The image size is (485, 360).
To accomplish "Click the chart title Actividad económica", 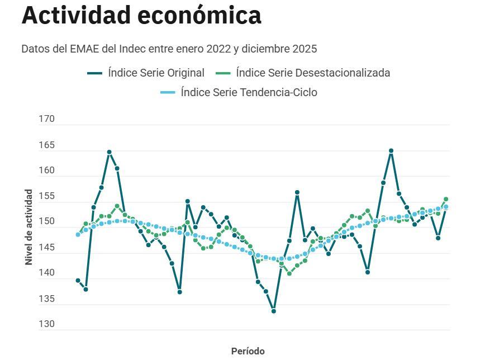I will point(141,16).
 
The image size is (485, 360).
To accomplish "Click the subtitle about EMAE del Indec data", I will point(169,49).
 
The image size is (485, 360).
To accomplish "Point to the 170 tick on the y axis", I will point(46,119).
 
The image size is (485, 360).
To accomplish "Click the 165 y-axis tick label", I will point(46,145).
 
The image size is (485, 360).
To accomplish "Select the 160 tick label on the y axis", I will point(46,170).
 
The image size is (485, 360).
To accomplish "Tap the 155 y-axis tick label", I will point(46,196).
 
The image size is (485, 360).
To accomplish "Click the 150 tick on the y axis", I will point(46,221).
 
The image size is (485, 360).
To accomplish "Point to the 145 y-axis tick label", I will point(46,247).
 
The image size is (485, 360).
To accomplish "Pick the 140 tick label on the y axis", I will point(46,273).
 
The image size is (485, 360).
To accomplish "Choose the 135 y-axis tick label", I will point(46,299).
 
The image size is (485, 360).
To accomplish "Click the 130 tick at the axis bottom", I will point(46,324).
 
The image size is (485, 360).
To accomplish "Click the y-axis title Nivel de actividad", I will point(28,227).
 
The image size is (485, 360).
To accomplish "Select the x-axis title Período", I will point(248,351).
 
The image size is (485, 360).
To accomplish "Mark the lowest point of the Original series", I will point(273,311).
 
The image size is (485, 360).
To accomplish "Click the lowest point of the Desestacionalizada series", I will point(289,273).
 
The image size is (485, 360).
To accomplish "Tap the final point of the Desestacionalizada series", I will point(446,199).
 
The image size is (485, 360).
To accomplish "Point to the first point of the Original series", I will point(78,281).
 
